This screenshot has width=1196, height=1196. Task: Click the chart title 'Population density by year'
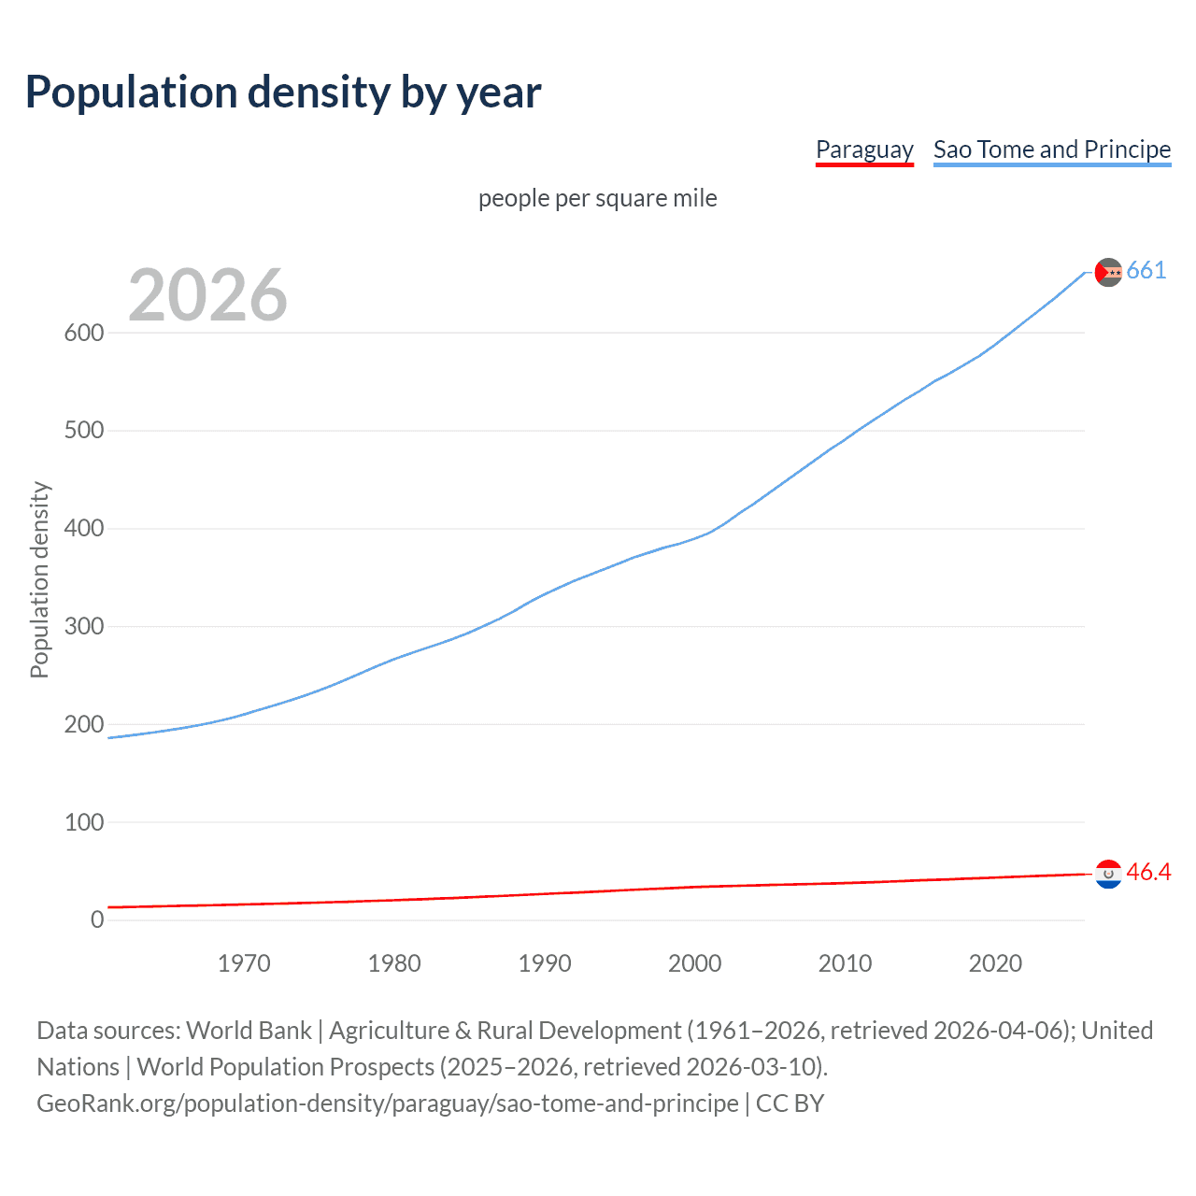click(x=283, y=93)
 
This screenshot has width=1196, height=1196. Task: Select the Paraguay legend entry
click(x=864, y=149)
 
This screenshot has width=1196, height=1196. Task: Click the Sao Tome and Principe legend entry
click(x=1052, y=149)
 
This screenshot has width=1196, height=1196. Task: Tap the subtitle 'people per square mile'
click(x=598, y=198)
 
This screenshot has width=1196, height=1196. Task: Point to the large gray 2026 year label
click(x=207, y=295)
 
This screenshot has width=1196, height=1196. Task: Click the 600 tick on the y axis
click(x=84, y=333)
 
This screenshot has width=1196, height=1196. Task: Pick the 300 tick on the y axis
click(x=84, y=626)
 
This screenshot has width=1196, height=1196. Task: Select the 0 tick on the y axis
click(x=97, y=919)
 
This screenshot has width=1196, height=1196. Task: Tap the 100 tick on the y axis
click(x=84, y=822)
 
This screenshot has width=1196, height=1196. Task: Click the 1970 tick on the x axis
click(x=244, y=963)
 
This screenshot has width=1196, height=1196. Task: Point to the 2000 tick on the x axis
click(x=695, y=963)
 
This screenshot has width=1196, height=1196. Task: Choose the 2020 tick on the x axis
click(x=995, y=963)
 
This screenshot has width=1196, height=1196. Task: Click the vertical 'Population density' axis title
click(x=39, y=579)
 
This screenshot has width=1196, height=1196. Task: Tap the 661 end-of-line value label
click(x=1146, y=271)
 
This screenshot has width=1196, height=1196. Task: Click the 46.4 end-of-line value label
click(x=1148, y=873)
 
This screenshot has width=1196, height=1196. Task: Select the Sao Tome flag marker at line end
click(x=1108, y=272)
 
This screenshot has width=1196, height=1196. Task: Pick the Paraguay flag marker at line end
click(x=1108, y=874)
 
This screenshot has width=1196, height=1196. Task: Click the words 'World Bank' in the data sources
click(x=249, y=1031)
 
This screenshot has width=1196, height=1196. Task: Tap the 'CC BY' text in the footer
click(x=790, y=1103)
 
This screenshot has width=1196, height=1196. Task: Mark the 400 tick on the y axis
click(x=84, y=528)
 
